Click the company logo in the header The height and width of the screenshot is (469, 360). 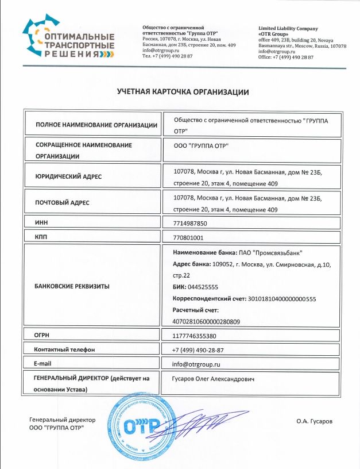click(68, 38)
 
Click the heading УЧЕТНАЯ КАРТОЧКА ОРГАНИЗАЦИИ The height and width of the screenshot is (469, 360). click(183, 91)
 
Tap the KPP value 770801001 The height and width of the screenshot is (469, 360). click(188, 237)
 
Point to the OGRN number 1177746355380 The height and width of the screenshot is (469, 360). click(194, 336)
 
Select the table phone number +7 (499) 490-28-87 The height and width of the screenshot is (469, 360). click(198, 350)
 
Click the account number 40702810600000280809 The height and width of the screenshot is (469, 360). click(206, 321)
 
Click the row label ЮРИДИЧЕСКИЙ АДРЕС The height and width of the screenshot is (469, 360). click(68, 176)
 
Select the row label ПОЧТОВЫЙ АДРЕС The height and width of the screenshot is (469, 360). click(62, 203)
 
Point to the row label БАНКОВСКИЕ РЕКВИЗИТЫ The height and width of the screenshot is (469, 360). click(72, 285)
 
